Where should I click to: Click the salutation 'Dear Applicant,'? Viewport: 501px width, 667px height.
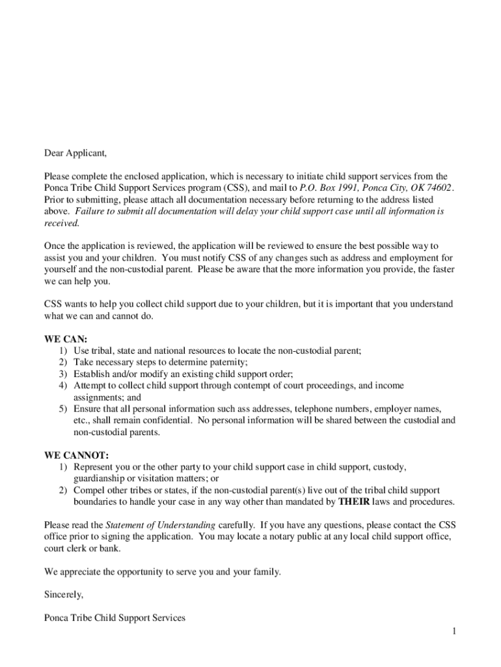75,154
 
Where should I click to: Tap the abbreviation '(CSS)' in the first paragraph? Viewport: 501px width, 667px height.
208,188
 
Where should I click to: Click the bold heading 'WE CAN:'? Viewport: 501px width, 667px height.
66,339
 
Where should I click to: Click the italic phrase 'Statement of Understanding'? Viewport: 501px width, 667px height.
160,525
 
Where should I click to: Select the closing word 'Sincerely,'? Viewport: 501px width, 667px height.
64,595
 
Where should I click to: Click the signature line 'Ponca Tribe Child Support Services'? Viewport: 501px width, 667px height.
115,618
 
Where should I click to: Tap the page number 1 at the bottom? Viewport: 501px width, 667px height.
455,631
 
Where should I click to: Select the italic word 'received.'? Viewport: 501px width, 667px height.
62,223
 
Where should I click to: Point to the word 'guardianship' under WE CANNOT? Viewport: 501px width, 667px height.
100,478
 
